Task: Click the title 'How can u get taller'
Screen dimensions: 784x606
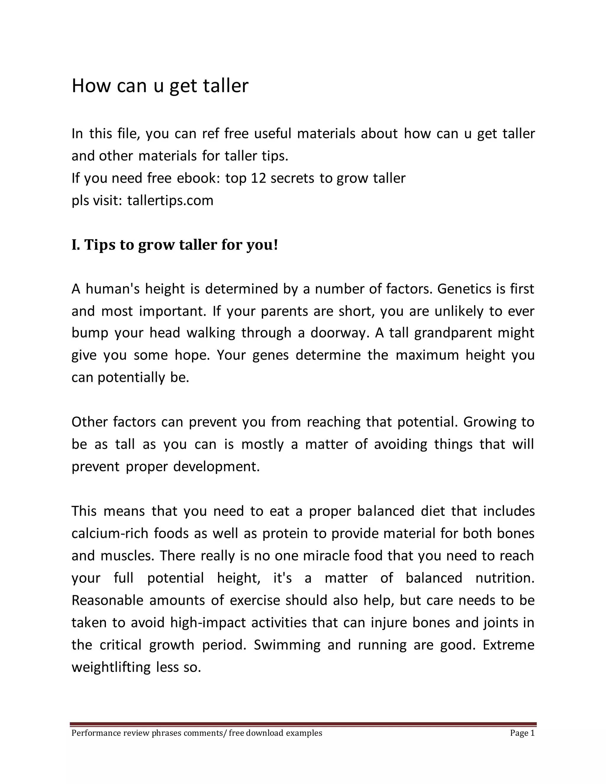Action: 160,86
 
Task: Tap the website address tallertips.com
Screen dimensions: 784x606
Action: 170,200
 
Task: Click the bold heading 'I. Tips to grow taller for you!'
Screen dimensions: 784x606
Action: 175,245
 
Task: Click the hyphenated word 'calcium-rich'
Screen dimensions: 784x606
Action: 110,533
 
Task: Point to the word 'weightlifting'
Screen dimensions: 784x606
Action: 111,667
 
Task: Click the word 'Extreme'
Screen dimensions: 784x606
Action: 508,645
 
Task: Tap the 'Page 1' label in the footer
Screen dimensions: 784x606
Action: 522,733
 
